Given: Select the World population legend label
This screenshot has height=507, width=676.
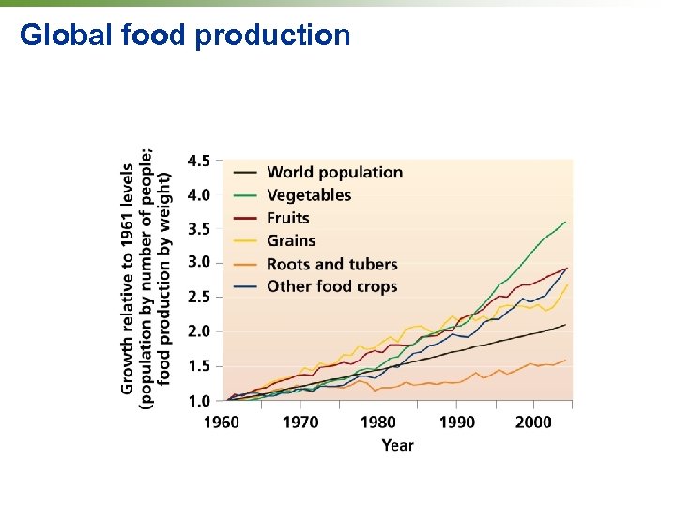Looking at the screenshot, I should [x=334, y=172].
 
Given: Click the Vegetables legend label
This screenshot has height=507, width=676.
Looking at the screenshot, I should [x=309, y=195].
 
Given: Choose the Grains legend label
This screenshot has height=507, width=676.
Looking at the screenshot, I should [x=291, y=241].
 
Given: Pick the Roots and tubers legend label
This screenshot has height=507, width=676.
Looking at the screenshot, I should [x=331, y=264].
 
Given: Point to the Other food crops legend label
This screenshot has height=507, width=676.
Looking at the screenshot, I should [x=331, y=286].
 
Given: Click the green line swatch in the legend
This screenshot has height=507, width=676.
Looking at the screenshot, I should [x=244, y=195].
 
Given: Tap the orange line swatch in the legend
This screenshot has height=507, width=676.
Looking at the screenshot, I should [x=244, y=264].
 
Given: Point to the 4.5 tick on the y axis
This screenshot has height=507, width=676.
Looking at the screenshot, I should [x=199, y=161].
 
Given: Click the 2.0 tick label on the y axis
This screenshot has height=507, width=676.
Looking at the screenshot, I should [x=199, y=331].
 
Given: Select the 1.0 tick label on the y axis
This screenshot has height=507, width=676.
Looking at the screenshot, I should [x=199, y=401].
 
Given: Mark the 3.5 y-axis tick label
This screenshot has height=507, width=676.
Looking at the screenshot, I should [x=199, y=228].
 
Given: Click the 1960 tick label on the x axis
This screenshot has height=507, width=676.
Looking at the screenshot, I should [x=222, y=422].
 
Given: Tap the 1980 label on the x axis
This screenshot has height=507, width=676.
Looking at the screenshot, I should [x=378, y=422].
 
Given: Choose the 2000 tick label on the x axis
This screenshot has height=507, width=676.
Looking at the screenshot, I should [x=532, y=422].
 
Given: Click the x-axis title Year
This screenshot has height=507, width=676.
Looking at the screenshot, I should [x=397, y=445].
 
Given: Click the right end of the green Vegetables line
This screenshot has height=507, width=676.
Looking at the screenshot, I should [x=565, y=222].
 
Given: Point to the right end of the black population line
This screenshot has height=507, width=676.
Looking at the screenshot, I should [x=565, y=325].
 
